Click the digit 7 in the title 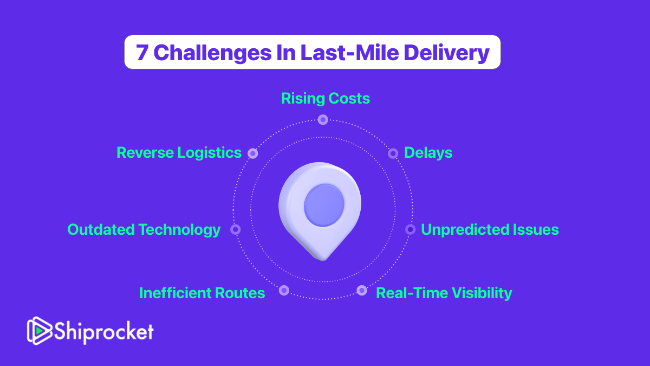(x=142, y=53)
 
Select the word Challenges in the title (x=212, y=53)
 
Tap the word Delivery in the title (x=446, y=53)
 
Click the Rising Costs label (x=326, y=99)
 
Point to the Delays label (x=428, y=153)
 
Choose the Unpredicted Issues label (x=490, y=229)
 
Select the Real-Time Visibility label (x=444, y=293)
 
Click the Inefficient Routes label (x=202, y=293)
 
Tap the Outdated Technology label (x=144, y=230)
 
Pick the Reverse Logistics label (x=179, y=153)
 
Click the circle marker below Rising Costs (x=323, y=120)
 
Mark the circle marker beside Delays (x=393, y=153)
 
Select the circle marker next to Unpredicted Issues (x=411, y=230)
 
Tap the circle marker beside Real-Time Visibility (x=362, y=290)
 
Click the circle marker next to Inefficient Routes (x=284, y=290)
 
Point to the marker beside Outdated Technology (x=235, y=230)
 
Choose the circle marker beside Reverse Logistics (x=253, y=153)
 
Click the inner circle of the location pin (x=324, y=206)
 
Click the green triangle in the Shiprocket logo (x=40, y=331)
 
